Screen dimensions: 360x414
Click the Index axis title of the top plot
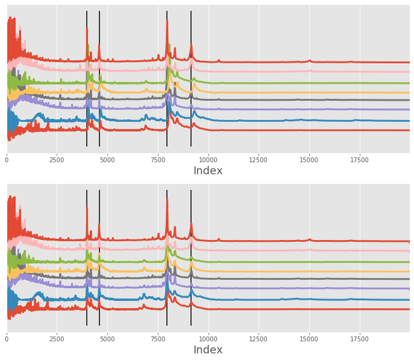tap(208, 171)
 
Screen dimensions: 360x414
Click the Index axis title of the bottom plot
tap(208, 350)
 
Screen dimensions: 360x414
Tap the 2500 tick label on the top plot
tap(57, 160)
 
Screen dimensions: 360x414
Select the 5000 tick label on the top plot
tap(107, 160)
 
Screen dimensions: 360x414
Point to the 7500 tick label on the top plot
tap(158, 160)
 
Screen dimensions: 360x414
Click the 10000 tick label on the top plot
tap(208, 160)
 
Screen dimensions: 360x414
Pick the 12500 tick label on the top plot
tap(259, 160)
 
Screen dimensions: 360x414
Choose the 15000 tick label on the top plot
tap(309, 160)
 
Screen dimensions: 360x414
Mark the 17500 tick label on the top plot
tap(359, 160)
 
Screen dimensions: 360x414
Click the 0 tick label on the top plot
tap(7, 160)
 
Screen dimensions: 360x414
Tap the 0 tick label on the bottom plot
tap(7, 339)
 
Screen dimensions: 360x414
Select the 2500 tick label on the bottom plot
tap(57, 339)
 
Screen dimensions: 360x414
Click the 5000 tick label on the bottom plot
tap(107, 339)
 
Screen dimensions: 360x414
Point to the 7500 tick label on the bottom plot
tap(158, 339)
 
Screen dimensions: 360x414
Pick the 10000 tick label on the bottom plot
tap(208, 339)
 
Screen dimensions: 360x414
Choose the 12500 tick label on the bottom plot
tap(259, 339)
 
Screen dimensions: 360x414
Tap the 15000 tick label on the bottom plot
tap(309, 339)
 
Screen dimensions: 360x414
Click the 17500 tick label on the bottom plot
tap(359, 339)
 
